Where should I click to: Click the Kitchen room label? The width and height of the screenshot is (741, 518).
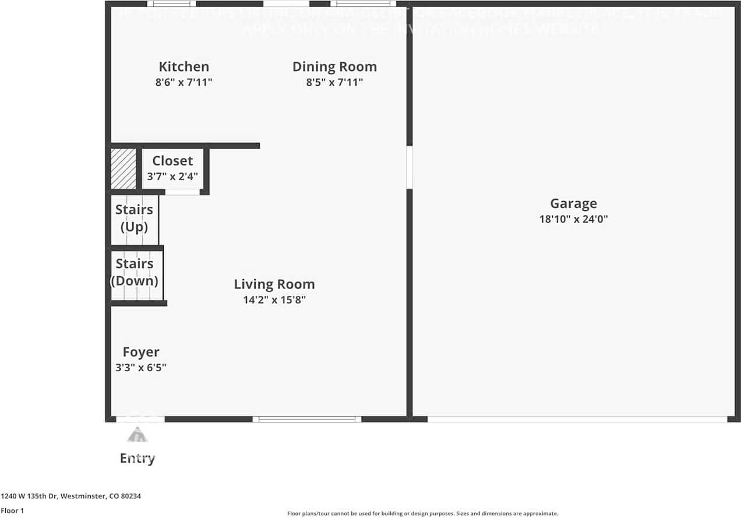point(184,67)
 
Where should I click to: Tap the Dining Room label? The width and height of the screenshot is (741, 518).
point(334,67)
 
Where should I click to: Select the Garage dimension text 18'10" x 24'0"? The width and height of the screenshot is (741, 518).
point(573,220)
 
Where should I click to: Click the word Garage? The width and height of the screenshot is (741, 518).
point(573,203)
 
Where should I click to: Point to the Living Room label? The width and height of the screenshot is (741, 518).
point(274,284)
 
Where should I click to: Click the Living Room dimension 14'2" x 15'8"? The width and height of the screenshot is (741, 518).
point(274,300)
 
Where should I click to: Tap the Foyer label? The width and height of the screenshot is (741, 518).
point(141,352)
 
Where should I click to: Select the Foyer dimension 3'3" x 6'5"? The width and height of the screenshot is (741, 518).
point(141,368)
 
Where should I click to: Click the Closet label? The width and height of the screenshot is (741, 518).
point(172,161)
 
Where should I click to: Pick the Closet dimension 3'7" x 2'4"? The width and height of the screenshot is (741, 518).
point(172,176)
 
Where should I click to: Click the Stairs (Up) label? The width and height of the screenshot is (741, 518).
point(134,218)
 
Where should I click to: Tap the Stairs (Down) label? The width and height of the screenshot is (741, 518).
point(135,272)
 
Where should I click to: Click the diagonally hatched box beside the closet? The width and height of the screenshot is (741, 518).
point(123,168)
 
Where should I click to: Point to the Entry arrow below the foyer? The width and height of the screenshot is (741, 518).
point(137,435)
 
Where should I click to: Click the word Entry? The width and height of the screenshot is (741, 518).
point(137,459)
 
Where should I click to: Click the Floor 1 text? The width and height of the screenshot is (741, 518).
point(12,510)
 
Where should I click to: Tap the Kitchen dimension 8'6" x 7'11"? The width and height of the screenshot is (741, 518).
point(184,83)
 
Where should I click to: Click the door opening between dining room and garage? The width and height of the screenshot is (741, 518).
point(410,167)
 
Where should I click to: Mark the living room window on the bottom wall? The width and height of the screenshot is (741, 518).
point(307,419)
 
